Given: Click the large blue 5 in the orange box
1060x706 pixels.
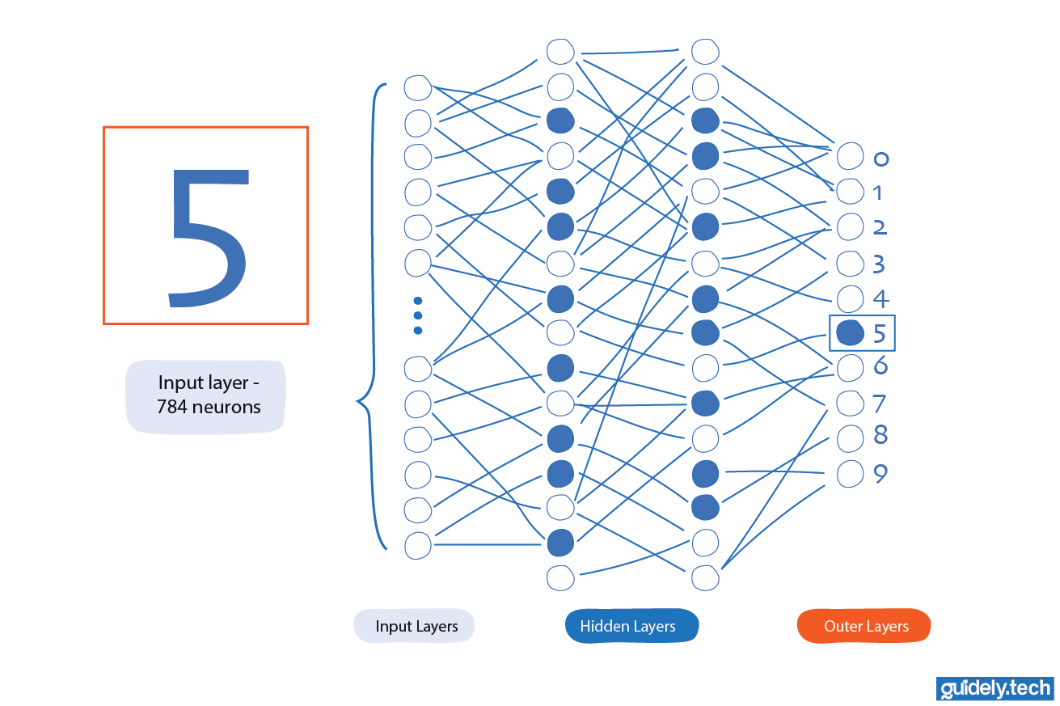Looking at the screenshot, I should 207,237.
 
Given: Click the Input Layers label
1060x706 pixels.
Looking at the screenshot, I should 415,626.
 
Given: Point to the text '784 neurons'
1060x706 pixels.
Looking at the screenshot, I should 209,407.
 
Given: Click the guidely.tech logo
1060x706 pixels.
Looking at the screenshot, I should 995,688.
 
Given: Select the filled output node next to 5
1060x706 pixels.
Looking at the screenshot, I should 849,332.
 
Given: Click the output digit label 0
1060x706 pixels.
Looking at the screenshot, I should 881,159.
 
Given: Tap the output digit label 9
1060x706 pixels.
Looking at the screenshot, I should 881,474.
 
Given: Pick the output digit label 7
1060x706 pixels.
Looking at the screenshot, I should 881,403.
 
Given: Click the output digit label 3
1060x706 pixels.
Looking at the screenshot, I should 880,264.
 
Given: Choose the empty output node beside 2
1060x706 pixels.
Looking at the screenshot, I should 850,227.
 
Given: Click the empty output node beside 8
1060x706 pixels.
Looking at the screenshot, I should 850,438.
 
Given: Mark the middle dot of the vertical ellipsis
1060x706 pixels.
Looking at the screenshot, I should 418,315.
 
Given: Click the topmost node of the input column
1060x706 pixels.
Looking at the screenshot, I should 417,87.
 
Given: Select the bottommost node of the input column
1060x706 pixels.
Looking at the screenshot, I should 417,545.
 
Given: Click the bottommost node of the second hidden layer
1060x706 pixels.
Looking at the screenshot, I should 705,577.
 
